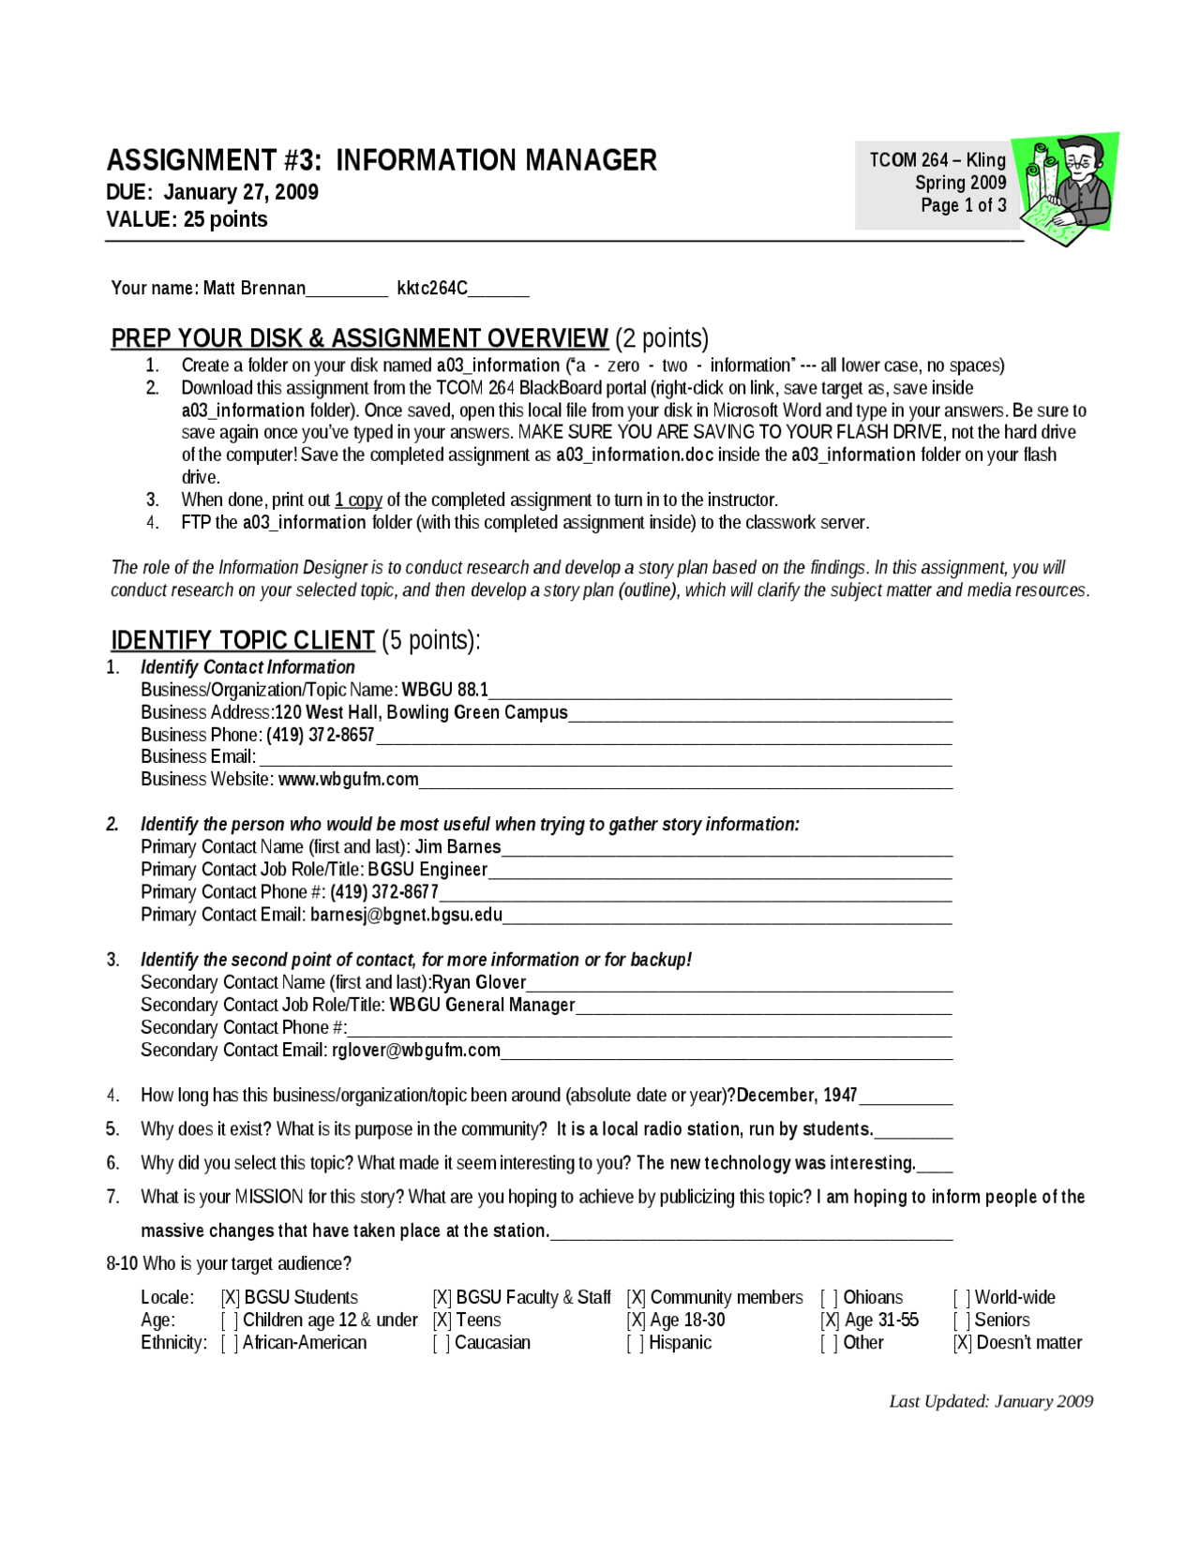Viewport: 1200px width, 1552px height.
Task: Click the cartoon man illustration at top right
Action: click(1070, 188)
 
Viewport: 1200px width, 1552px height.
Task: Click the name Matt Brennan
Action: click(254, 288)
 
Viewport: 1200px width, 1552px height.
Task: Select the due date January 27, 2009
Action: click(241, 192)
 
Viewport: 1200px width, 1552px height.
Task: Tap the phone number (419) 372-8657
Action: click(320, 735)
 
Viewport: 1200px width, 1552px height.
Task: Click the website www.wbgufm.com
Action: click(348, 780)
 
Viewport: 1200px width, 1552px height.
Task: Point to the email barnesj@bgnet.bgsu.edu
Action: click(406, 915)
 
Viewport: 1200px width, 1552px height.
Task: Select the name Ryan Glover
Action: click(478, 982)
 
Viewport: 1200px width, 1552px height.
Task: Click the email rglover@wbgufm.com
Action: click(415, 1050)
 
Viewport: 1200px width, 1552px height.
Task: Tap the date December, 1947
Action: click(797, 1095)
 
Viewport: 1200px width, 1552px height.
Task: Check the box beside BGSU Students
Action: click(231, 1298)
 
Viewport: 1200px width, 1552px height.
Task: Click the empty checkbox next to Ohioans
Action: click(830, 1298)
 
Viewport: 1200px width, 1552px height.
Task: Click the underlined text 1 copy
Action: click(358, 500)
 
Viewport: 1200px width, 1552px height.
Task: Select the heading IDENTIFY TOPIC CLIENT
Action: click(243, 640)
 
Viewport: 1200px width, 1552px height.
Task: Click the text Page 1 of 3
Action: click(963, 205)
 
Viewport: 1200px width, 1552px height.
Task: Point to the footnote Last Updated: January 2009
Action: click(991, 1401)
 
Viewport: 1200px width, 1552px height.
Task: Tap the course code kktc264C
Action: click(431, 288)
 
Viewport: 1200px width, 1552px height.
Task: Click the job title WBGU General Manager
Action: click(482, 1005)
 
